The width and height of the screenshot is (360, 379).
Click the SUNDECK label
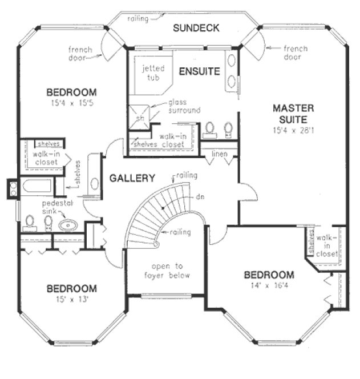pyautogui.click(x=196, y=27)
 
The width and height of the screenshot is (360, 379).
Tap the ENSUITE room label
pyautogui.click(x=199, y=71)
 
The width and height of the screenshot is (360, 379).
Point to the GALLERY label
pyautogui.click(x=132, y=179)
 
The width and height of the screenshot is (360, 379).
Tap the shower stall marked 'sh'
pyautogui.click(x=140, y=118)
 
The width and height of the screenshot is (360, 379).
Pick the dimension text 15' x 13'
pyautogui.click(x=71, y=299)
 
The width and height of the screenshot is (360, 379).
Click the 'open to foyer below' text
pyautogui.click(x=167, y=271)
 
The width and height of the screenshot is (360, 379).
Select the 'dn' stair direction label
pyautogui.click(x=200, y=196)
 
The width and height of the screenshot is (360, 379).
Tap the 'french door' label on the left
pyautogui.click(x=80, y=53)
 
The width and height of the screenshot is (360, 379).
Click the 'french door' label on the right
pyautogui.click(x=295, y=53)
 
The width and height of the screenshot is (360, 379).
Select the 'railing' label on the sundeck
pyautogui.click(x=137, y=18)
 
